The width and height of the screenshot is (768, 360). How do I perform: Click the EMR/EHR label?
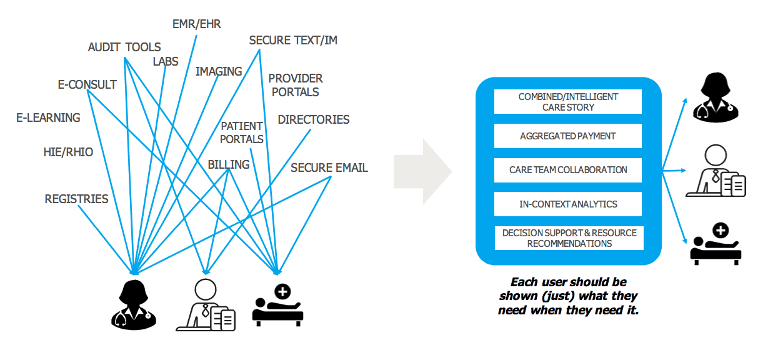coord(197,24)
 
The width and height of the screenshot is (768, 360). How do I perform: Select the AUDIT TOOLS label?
coord(124,47)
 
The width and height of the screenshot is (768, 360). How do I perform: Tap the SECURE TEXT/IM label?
coord(293,41)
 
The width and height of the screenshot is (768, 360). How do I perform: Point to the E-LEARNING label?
coord(48,117)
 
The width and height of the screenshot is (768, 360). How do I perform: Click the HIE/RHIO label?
coord(68,151)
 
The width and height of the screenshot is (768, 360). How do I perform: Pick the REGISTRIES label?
coord(76,199)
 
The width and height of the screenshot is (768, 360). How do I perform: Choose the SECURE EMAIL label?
coord(329,167)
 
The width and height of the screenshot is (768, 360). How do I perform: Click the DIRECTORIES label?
coord(314,119)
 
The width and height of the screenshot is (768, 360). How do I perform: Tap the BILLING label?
coord(229,165)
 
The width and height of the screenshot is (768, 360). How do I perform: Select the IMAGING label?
coord(219,71)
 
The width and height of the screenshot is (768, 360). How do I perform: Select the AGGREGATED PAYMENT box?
coord(568,136)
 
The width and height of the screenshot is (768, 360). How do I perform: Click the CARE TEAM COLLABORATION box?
coord(568,170)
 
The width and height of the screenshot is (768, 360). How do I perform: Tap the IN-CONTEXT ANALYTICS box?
coord(568,204)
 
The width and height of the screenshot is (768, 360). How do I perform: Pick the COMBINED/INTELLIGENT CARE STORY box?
coord(568,102)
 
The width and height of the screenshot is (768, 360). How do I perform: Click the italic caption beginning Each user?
coord(568,296)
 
